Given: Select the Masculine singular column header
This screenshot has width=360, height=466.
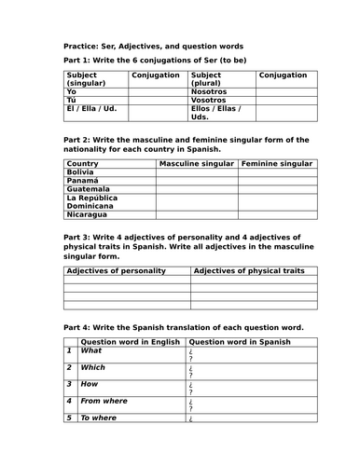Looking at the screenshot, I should click(197, 164).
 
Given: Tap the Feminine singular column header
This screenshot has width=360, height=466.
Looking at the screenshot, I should click(277, 164).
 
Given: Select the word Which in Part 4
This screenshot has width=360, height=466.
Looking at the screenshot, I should click(94, 367).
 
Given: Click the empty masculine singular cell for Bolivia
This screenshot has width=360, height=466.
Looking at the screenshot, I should click(197, 172).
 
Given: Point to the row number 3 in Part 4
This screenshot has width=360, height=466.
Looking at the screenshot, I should click(69, 384).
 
